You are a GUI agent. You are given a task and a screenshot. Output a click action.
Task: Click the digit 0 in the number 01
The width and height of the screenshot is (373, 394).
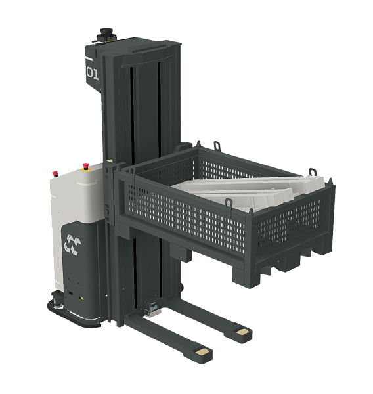coord(89,72)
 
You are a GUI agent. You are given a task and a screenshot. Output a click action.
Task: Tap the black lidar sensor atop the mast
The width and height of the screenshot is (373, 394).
coord(106,34)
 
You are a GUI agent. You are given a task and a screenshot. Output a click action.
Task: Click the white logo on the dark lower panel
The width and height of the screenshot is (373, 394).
coord(73,243)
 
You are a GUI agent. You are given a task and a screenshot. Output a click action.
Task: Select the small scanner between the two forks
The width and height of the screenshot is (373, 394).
coord(152,309)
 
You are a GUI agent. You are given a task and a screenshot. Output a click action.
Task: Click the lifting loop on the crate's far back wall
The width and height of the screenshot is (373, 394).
coord(217,146)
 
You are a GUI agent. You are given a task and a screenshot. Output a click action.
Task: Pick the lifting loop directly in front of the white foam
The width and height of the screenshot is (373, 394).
coord(229,202)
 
